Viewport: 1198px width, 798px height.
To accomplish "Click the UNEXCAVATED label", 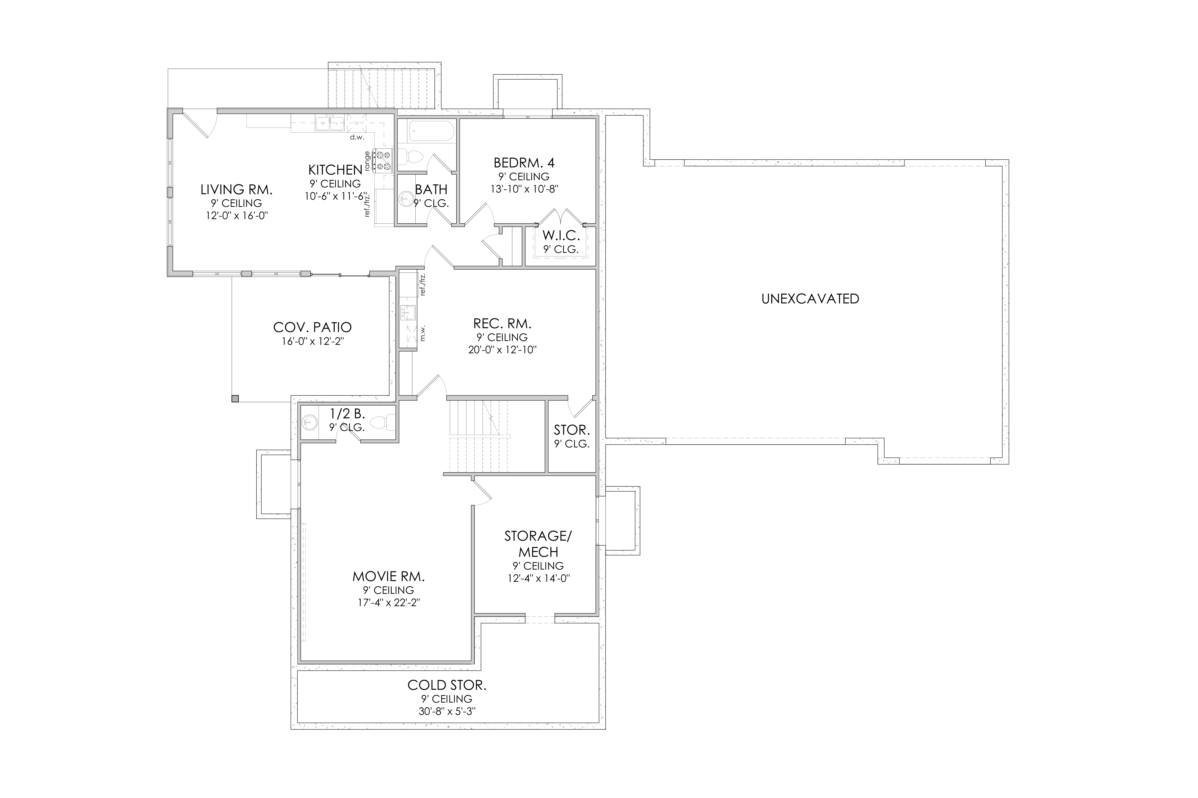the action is [810, 299].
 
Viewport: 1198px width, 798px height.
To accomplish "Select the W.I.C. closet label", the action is [561, 236].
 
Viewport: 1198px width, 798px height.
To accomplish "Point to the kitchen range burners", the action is [383, 161].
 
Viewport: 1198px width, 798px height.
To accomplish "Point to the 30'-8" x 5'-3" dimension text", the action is [447, 712].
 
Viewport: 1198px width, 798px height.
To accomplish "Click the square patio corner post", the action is [235, 399].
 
